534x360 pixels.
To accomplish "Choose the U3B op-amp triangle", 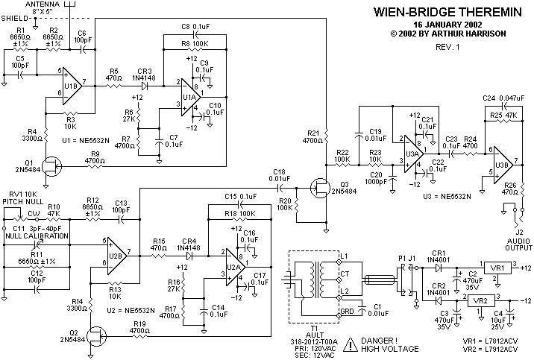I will (500, 162).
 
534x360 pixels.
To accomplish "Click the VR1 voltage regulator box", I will (494, 268).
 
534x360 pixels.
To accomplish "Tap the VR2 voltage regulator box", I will (482, 300).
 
